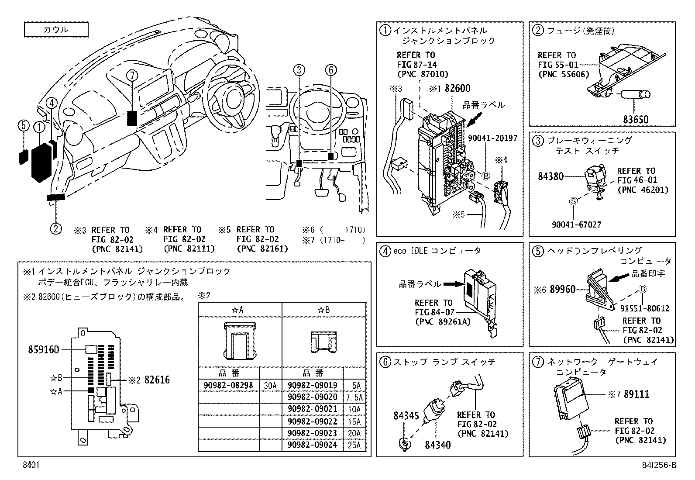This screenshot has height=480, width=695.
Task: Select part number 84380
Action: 551,177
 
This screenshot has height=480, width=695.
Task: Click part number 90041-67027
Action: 576,224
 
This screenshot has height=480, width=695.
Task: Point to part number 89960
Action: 562,289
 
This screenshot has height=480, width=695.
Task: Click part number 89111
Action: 636,394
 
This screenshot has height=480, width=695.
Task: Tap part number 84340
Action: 438,445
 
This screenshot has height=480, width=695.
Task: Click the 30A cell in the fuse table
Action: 270,385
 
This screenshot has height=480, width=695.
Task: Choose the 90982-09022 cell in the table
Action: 312,421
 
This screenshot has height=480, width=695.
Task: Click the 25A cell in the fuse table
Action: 354,445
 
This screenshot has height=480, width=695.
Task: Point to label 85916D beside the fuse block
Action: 43,349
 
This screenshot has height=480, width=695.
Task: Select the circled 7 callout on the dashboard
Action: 132,76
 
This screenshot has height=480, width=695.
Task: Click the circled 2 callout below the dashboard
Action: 55,228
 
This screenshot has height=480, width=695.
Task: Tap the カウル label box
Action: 56,30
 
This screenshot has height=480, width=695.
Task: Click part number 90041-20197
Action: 492,138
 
